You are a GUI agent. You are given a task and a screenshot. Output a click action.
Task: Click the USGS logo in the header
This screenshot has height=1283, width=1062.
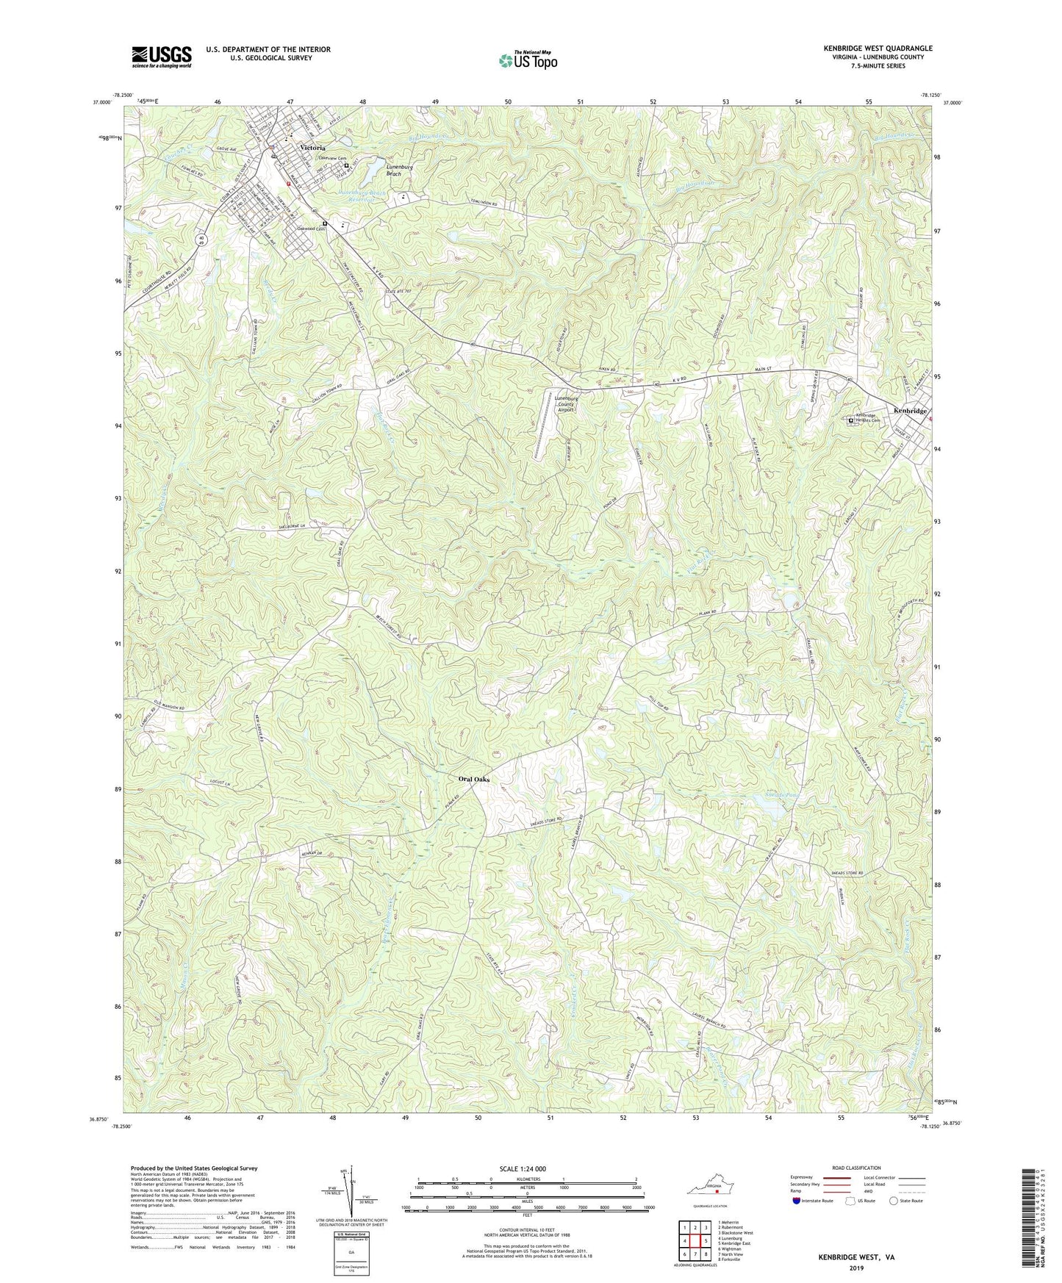162,57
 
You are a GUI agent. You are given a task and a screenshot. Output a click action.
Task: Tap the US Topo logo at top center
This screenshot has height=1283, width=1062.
527,60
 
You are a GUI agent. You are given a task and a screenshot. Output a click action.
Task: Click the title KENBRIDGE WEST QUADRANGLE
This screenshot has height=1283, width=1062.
878,48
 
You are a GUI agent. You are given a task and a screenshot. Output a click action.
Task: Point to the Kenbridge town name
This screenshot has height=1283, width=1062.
910,411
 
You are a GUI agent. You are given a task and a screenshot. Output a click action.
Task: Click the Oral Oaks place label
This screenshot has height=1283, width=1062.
473,779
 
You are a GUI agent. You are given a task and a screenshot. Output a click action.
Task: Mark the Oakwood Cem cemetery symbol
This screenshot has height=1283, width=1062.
324,224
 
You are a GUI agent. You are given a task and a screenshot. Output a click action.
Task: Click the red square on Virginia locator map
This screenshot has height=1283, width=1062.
717,1202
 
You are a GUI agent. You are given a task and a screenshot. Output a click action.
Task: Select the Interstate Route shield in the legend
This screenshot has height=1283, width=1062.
797,1201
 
